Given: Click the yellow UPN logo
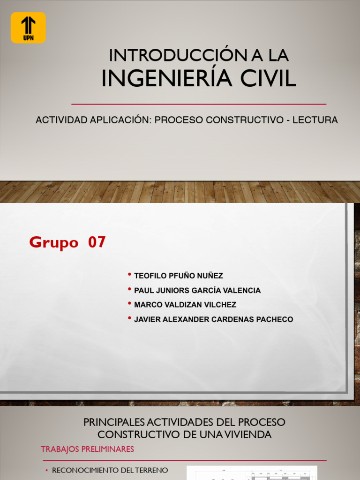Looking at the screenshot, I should coord(28,28).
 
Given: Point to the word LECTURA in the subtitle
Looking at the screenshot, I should coord(315,120).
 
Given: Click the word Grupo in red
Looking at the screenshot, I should coord(53,243).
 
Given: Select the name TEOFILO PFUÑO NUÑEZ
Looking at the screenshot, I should coord(179,276).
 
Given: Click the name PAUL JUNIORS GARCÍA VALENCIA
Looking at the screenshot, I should coord(197,291).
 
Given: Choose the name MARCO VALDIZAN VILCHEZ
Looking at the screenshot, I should coord(185,305).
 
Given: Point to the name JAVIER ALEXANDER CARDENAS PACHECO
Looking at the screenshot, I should coord(213,320).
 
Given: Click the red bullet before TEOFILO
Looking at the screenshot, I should coord(129,275).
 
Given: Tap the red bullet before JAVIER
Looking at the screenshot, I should coord(129,318).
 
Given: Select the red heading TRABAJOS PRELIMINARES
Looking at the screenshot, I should coord(87,449).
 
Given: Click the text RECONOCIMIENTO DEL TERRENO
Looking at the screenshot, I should coord(110,470).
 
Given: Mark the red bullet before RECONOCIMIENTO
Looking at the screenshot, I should coord(47,470).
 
